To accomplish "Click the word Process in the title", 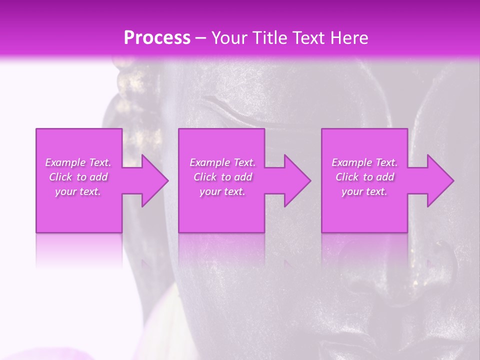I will point(157,38).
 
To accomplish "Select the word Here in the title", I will point(350,38).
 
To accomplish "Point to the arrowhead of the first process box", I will point(152,180).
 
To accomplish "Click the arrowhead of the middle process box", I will point(295,180).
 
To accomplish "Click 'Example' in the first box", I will point(65,162).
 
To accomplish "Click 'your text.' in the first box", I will point(78,191).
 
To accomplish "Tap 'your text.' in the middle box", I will point(222,191).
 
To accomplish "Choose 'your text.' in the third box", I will point(364,191).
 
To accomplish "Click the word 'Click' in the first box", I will point(60,177).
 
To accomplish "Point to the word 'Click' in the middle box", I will point(205,177).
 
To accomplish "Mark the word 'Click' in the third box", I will point(347,177).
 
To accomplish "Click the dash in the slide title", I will point(201,38).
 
